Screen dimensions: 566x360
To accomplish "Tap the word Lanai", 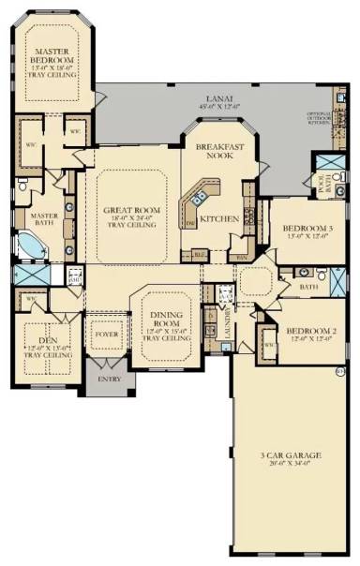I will (219, 97).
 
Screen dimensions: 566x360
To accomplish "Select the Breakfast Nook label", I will (219, 152).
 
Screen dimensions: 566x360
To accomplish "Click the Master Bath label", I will (31, 219).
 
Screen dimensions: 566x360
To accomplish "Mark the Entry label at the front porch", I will (111, 379).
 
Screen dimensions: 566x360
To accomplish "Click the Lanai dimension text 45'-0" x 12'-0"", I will (219, 105).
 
